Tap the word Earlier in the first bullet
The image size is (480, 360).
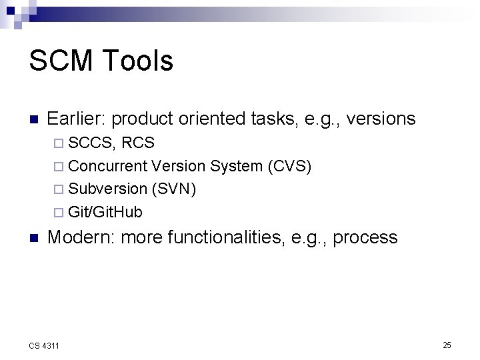coord(76,119)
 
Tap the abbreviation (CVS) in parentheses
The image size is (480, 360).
coord(289,166)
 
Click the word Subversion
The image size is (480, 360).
coord(108,189)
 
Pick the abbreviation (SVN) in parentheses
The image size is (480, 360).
coord(174,189)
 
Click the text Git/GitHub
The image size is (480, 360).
coord(105,212)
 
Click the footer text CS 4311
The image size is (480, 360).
coord(44,345)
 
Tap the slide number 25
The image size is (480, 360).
coord(447,345)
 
